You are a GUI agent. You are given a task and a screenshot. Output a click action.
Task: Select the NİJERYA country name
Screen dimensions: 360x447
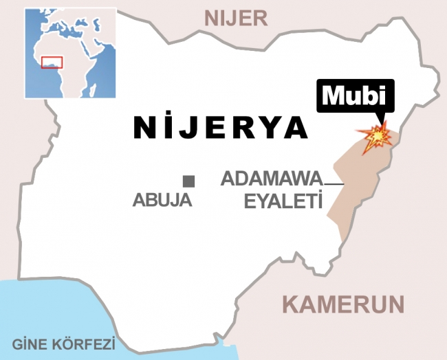220,127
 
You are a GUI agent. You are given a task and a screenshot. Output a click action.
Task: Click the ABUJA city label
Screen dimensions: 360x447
162,201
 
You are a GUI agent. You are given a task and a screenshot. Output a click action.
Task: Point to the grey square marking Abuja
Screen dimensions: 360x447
188,181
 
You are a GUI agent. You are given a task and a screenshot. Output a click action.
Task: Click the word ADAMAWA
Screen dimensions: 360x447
271,180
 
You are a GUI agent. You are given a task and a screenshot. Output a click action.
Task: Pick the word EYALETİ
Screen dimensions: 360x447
284,201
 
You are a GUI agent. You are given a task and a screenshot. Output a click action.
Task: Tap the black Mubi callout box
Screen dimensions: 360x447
355,96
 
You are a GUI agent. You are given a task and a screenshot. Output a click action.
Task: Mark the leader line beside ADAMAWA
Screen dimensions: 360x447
334,183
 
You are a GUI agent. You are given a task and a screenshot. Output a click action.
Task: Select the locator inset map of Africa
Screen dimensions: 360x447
71,53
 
